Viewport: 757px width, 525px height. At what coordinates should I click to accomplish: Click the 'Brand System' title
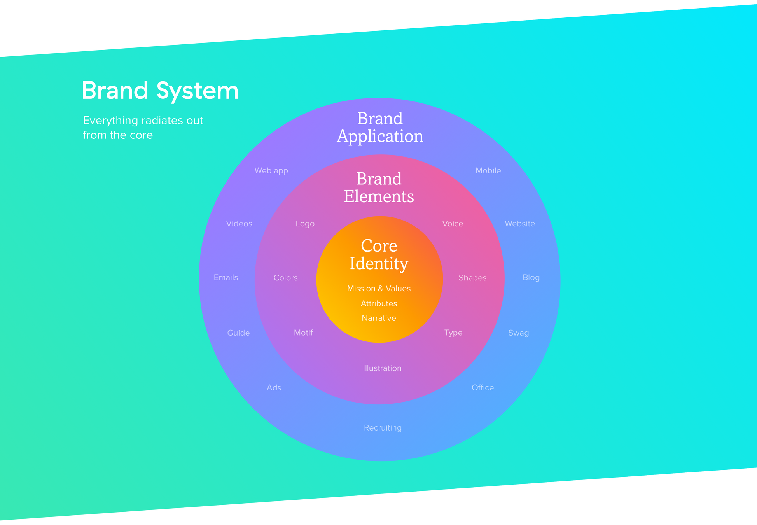(x=160, y=91)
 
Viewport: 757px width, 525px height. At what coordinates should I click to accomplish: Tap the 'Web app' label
(x=271, y=171)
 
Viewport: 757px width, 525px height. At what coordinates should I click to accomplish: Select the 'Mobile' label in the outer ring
(x=488, y=171)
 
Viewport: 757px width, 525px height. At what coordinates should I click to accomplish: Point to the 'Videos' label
(x=239, y=224)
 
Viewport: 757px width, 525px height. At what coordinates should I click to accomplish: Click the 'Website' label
(x=519, y=224)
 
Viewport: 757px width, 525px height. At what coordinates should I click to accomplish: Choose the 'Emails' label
(x=226, y=277)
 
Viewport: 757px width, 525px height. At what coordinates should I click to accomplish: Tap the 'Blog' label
(x=531, y=277)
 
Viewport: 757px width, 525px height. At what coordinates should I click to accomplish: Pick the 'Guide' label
(x=238, y=333)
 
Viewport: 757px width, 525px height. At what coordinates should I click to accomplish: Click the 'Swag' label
(x=518, y=333)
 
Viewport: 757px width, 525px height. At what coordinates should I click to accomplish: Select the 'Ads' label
(x=274, y=388)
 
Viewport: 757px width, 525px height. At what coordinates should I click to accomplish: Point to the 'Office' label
(x=483, y=388)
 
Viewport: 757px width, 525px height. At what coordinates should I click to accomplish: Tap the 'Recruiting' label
(x=383, y=428)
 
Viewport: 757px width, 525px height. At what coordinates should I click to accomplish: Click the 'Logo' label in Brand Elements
(x=305, y=224)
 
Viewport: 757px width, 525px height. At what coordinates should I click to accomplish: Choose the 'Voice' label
(x=453, y=224)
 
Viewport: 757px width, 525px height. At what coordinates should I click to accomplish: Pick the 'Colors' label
(x=285, y=278)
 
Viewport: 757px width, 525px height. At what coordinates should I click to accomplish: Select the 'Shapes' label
(x=472, y=278)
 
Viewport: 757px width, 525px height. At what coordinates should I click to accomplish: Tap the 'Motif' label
(x=303, y=333)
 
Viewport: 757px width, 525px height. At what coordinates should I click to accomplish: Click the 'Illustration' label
(x=382, y=368)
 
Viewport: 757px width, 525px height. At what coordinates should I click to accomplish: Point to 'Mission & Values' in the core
(x=379, y=289)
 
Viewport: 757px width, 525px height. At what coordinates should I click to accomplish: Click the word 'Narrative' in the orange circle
(x=379, y=318)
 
